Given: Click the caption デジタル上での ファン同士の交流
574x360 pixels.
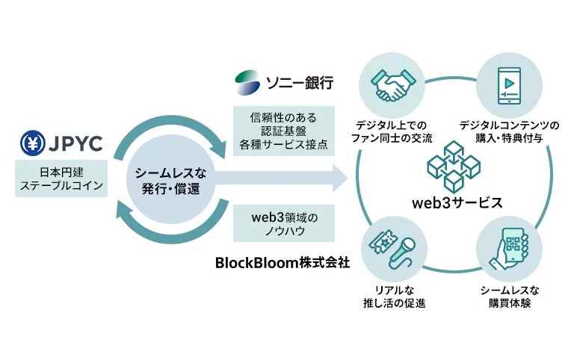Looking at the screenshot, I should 391,131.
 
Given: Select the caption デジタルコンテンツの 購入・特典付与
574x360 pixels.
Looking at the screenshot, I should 508,131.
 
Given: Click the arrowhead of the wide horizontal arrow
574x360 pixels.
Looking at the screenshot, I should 341,180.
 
